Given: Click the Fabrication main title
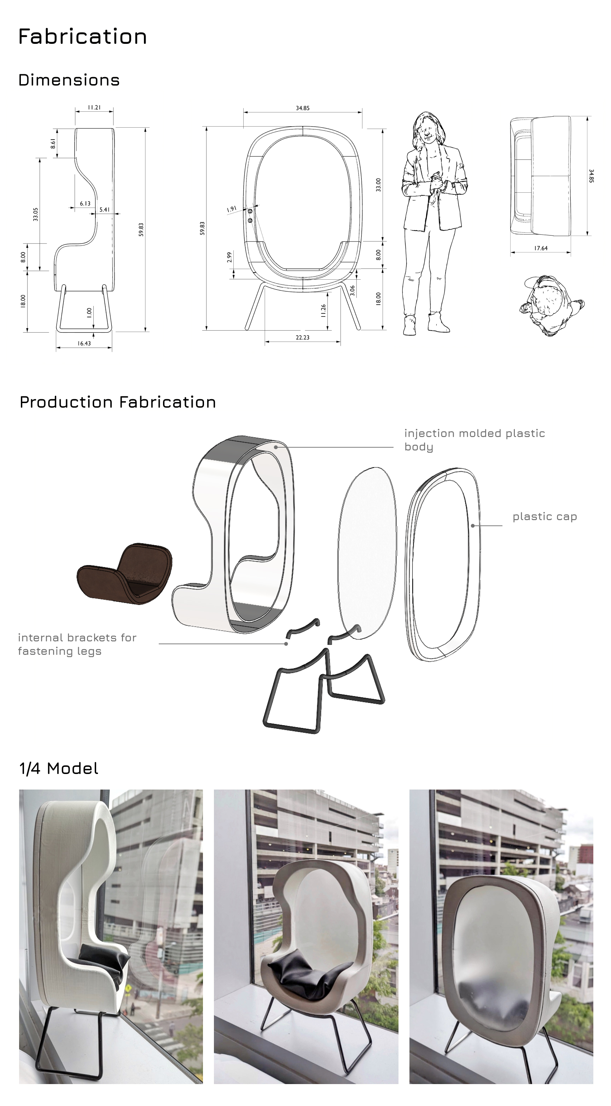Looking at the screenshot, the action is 82,36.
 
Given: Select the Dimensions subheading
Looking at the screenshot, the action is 69,80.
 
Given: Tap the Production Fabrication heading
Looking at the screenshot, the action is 118,402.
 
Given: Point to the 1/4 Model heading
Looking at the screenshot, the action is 59,768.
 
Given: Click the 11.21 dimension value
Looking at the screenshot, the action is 94,107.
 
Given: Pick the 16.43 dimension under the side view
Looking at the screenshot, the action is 84,343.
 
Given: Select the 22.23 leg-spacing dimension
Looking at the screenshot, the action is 302,337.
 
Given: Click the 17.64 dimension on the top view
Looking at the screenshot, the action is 541,248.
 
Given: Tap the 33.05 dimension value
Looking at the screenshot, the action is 36,214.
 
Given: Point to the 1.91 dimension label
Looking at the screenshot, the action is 232,209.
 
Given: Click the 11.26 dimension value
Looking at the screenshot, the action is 323,311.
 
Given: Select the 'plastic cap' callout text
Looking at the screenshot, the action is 545,517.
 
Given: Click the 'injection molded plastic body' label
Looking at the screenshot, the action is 475,440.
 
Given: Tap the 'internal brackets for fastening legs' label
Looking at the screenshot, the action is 77,644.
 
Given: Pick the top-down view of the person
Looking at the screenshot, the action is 552,305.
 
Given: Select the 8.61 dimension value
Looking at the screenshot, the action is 53,144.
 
